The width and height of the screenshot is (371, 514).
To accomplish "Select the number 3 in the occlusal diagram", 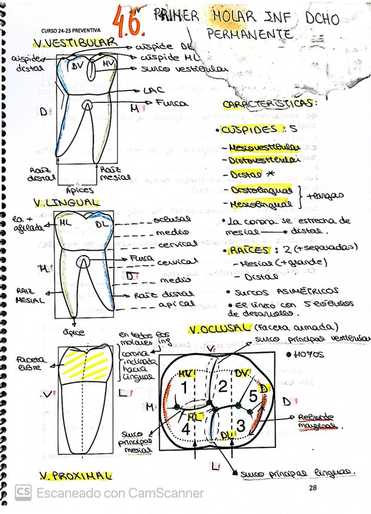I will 240,426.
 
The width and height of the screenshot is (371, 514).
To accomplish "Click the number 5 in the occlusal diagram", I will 253,397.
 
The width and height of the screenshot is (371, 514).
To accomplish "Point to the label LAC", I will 152,90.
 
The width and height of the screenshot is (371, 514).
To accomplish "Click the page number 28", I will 313,488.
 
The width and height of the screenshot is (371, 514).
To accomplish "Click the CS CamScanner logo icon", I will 23,492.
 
